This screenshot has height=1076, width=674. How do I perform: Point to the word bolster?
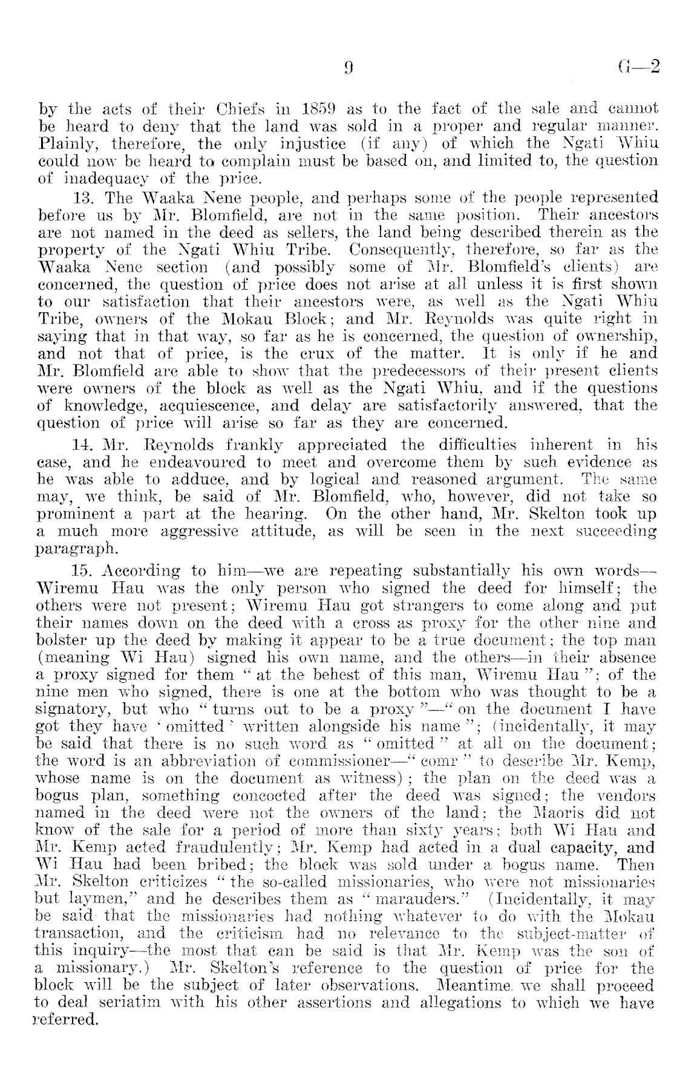click(62, 640)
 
